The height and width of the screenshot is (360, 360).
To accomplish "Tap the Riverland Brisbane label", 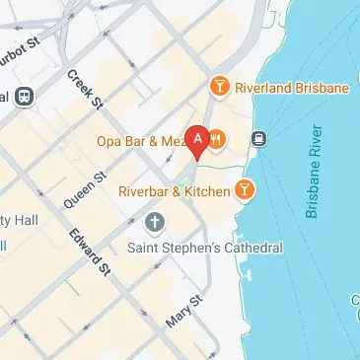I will tap(292, 88).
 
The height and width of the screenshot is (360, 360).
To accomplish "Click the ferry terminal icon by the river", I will tap(259, 138).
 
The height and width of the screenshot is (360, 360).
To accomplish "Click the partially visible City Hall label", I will tap(20, 218).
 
